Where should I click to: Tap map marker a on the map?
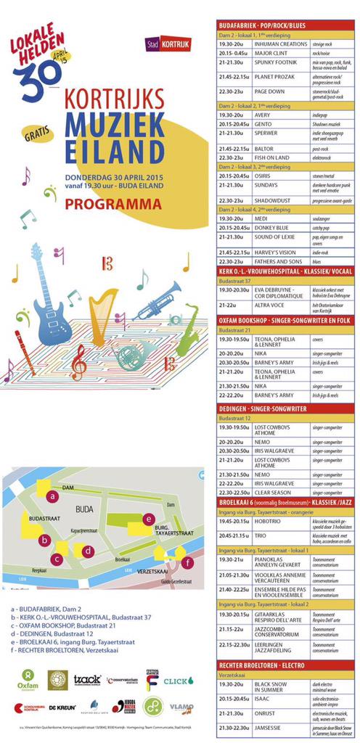(x=52, y=496)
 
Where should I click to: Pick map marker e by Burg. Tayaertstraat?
(x=148, y=519)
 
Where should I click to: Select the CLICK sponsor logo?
(x=179, y=681)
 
